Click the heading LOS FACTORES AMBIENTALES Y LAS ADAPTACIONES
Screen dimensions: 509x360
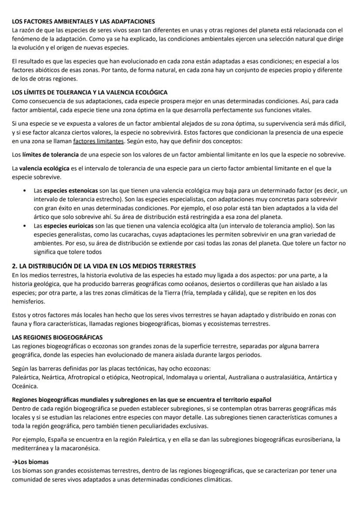click(x=83, y=21)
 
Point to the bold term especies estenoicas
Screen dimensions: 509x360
click(x=71, y=190)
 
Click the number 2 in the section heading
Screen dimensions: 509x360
click(x=14, y=266)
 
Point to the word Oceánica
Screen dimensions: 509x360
click(x=25, y=386)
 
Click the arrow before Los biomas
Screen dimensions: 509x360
click(x=15, y=462)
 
